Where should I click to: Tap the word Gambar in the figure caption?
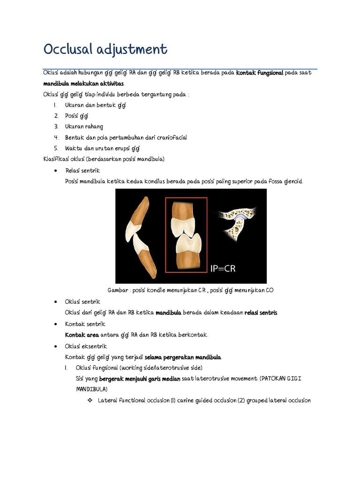tap(117, 290)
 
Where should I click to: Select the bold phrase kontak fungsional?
tap(260, 73)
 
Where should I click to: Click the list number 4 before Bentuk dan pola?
tap(56, 137)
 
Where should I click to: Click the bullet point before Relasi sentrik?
tap(56, 171)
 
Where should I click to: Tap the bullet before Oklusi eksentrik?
tap(56, 346)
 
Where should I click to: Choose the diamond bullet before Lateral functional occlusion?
tap(90, 400)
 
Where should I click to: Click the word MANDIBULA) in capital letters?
tap(91, 390)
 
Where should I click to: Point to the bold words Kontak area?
tap(82, 335)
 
